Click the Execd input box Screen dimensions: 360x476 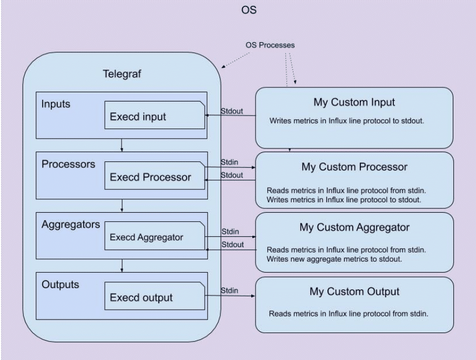click(154, 115)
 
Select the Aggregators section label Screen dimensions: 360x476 click(70, 225)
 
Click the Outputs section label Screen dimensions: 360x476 click(60, 284)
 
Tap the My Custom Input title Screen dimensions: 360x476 click(353, 103)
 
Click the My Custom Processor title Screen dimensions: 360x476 click(353, 167)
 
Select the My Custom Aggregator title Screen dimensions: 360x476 click(353, 228)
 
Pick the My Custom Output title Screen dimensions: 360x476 click(353, 292)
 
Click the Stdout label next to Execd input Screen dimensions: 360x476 click(232, 111)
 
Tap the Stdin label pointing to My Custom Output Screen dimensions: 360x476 click(230, 291)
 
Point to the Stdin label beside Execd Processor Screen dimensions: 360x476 click(230, 161)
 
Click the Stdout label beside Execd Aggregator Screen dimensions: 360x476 click(232, 245)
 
